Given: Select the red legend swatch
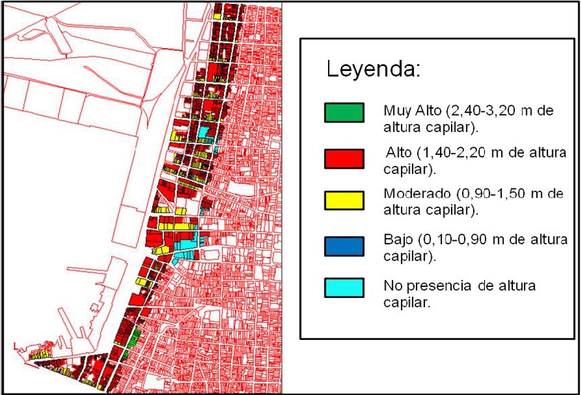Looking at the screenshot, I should tap(343, 158).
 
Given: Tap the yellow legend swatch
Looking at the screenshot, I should tap(343, 200).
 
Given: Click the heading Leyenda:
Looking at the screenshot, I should tap(373, 70).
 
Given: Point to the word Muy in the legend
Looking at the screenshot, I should tap(396, 110).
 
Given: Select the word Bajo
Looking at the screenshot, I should tap(397, 241).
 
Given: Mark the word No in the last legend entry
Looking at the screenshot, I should tap(392, 285).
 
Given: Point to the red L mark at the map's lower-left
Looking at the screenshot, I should tap(15, 345).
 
